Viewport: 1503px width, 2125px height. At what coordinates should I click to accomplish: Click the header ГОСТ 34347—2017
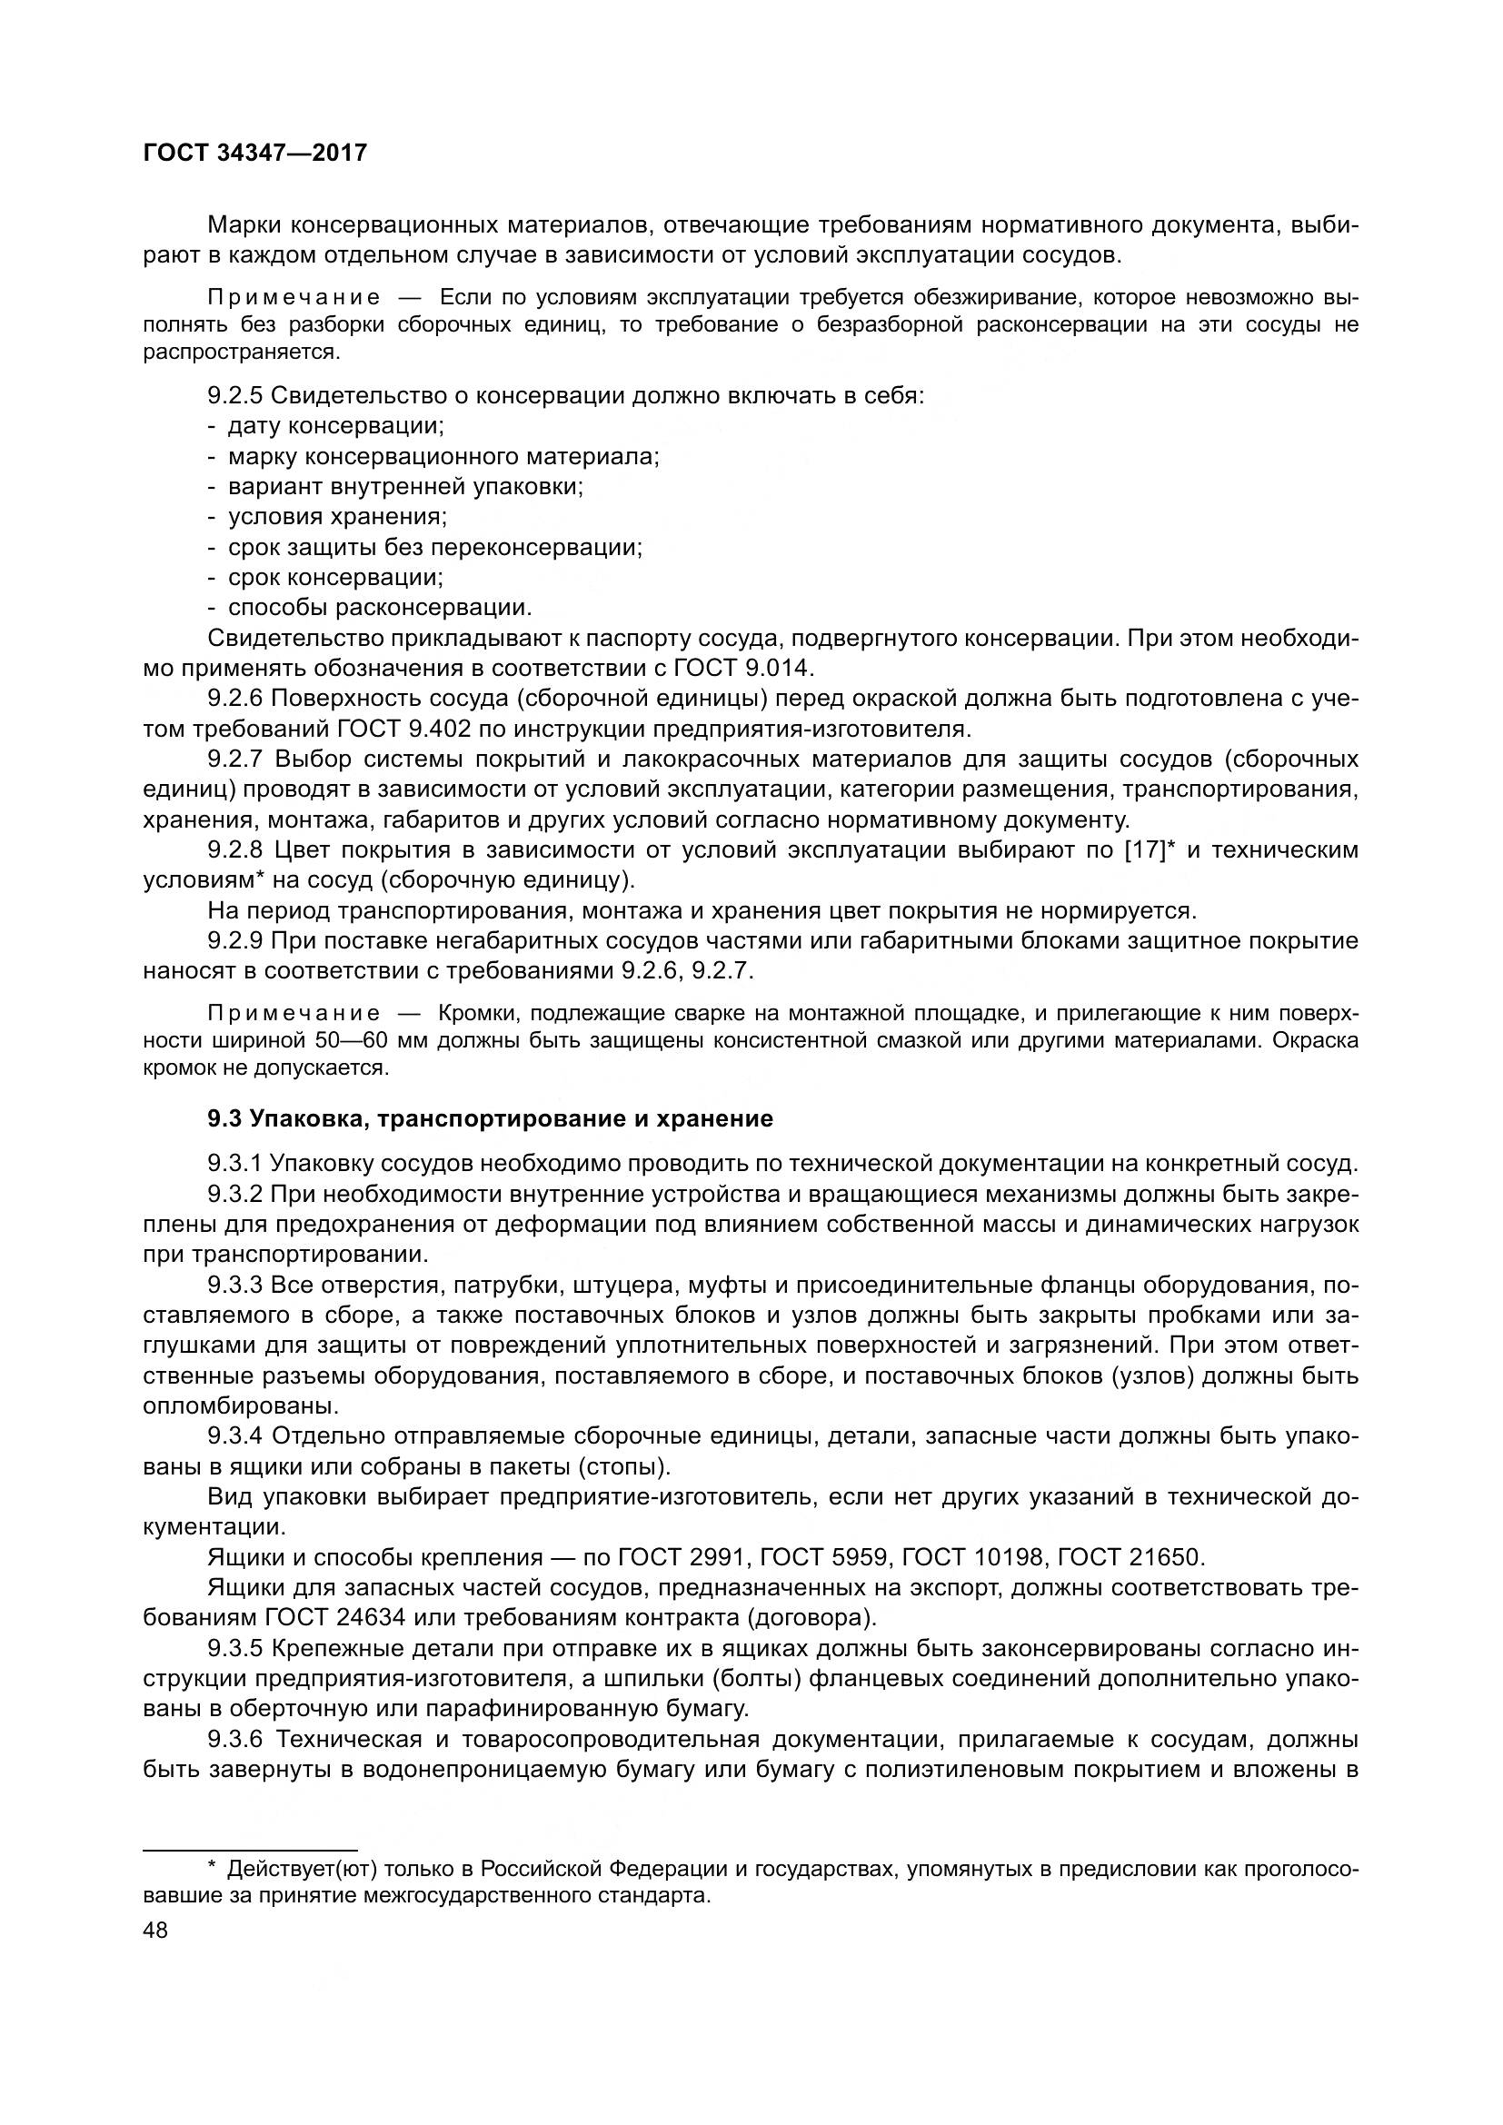255,153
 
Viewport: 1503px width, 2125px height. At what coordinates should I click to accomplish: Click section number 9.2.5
235,396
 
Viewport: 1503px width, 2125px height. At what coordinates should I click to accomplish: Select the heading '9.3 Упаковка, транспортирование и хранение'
490,1119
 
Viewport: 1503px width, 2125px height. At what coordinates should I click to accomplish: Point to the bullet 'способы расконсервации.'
380,607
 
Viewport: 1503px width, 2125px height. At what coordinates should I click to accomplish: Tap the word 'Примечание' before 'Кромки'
294,1012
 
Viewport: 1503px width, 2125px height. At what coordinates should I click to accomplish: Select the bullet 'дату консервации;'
336,426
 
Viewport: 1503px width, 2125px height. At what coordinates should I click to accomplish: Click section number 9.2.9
235,941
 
